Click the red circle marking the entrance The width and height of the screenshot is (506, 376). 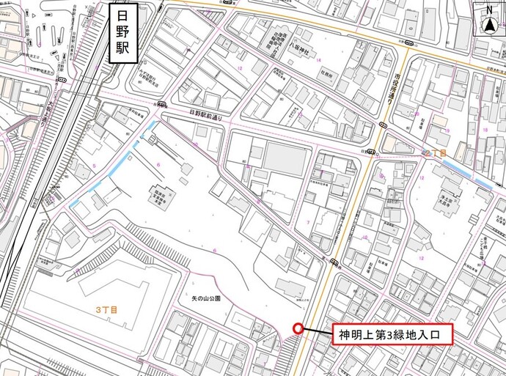[298, 329]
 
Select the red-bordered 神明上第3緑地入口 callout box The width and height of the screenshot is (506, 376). [392, 336]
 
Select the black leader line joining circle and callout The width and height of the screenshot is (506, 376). [316, 332]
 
